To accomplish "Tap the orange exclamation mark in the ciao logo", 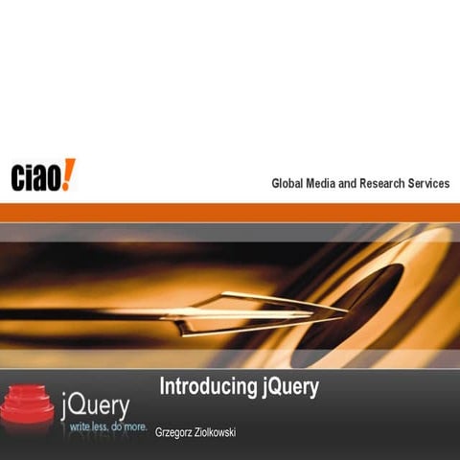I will click(69, 173).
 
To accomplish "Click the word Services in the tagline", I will click(430, 184).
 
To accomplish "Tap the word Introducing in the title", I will click(206, 388).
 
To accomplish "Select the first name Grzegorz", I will click(178, 433).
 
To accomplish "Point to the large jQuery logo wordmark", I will click(95, 402).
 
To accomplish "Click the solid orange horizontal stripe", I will click(230, 212).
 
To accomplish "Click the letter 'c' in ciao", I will click(18, 178).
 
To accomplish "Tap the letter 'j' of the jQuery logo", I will click(66, 402).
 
